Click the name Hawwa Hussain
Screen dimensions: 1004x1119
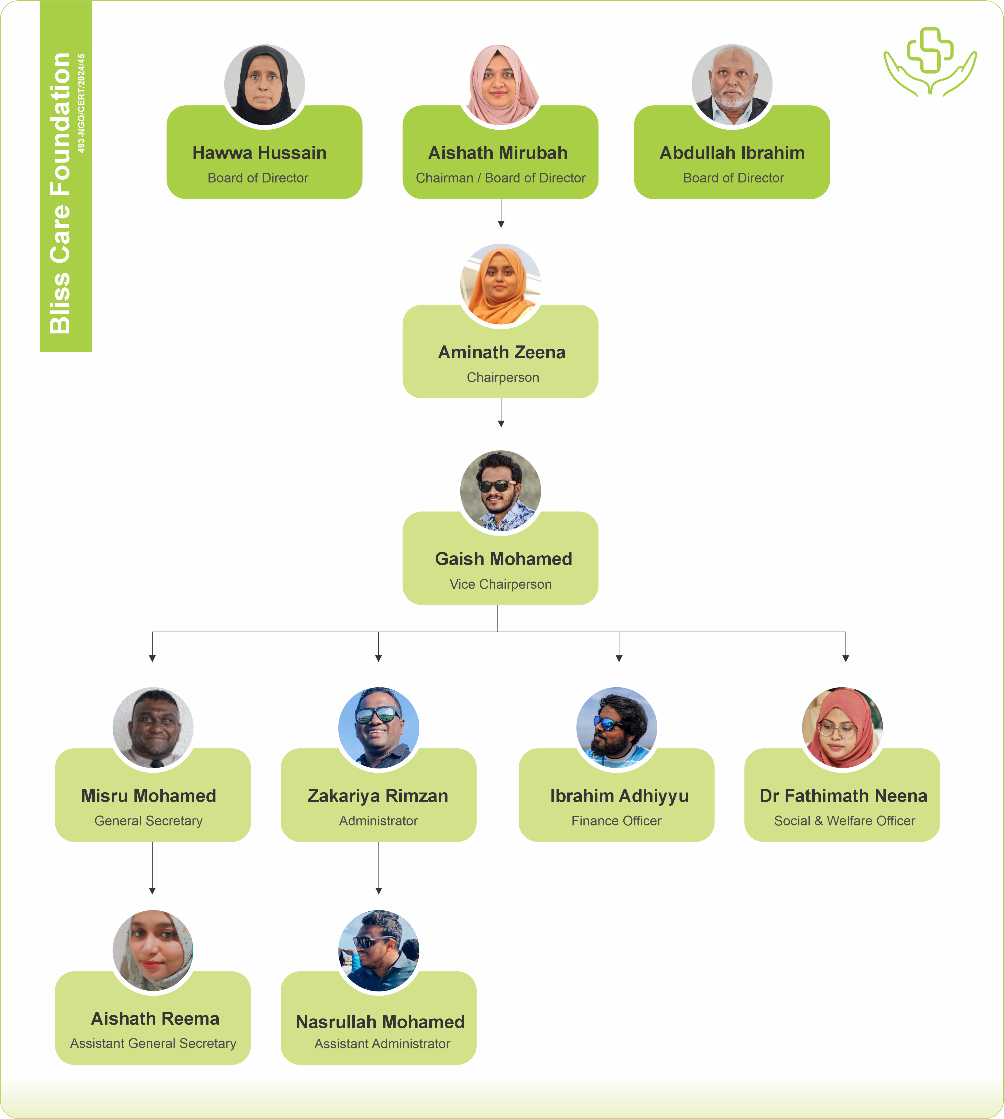tap(259, 153)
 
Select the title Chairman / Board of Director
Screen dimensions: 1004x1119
tap(500, 178)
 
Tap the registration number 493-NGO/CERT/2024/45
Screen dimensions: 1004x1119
tap(82, 103)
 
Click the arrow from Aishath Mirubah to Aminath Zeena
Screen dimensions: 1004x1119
tap(501, 213)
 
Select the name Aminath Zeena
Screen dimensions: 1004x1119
tap(501, 352)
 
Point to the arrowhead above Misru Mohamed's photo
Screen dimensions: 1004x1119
tap(152, 658)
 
